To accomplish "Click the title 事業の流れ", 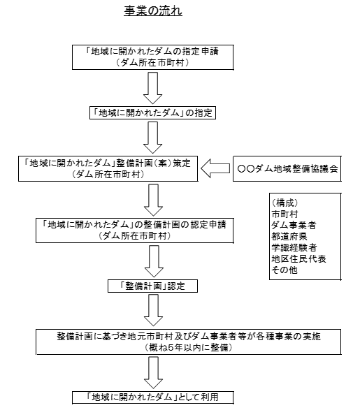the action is [x=153, y=11].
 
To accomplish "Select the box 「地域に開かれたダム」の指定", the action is [x=152, y=112].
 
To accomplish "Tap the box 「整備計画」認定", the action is [x=152, y=286].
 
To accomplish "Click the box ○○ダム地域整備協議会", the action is [x=287, y=168].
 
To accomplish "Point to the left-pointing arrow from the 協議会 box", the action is [x=215, y=168].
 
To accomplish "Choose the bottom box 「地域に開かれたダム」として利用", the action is [x=152, y=397].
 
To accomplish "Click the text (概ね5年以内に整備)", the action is [x=189, y=347].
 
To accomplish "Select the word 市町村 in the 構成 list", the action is [x=285, y=214].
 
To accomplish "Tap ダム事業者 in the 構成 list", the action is [x=294, y=225].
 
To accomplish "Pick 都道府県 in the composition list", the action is [x=289, y=236].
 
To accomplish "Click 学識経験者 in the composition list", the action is [x=294, y=247].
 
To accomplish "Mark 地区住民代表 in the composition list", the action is [x=298, y=258].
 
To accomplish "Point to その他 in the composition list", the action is [x=285, y=270].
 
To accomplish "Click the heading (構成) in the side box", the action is [x=285, y=203].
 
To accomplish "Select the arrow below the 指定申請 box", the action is [x=152, y=88].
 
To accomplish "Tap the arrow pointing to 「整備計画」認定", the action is [x=154, y=261].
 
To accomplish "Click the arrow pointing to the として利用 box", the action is [x=153, y=372].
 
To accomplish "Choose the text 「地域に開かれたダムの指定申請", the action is [x=152, y=51].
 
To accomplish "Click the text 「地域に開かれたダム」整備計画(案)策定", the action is [x=108, y=163].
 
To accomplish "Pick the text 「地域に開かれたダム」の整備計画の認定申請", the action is [x=134, y=225].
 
